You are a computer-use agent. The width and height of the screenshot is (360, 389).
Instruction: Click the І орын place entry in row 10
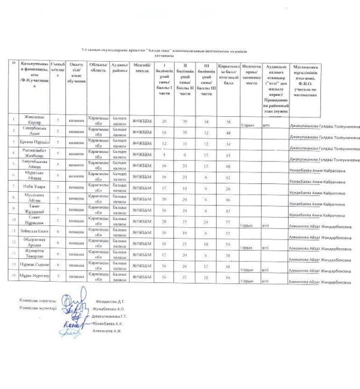click(x=247, y=225)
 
